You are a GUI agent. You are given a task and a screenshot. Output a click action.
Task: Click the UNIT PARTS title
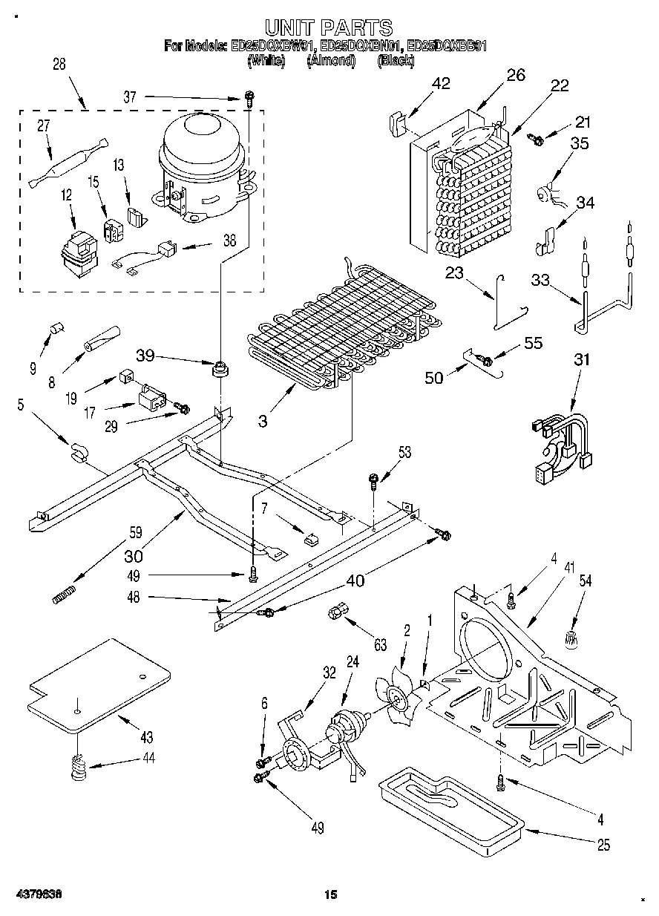pos(328,28)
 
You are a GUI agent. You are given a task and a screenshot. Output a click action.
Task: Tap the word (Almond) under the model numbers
pos(331,61)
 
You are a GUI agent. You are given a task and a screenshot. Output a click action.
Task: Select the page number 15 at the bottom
pos(330,895)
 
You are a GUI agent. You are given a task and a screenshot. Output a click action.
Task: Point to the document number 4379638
pos(37,895)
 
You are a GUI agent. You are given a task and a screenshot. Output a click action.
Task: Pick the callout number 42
pos(440,83)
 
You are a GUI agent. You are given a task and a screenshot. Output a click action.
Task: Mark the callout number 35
pos(578,144)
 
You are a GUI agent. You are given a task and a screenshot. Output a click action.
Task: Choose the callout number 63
pos(380,646)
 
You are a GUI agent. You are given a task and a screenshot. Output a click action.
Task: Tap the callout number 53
pos(404,452)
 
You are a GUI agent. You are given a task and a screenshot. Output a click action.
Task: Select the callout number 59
pos(135,531)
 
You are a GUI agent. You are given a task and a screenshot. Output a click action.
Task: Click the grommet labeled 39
pos(220,368)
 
